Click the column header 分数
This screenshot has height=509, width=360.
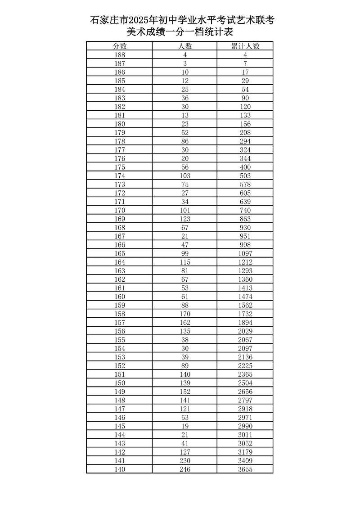coord(119,46)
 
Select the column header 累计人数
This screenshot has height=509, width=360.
coord(245,46)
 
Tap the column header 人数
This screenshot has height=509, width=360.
coord(184,46)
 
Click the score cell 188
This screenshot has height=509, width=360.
coord(119,55)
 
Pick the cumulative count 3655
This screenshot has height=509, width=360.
coord(245,469)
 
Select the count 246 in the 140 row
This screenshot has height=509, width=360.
coord(184,469)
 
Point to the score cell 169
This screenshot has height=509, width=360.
coord(119,219)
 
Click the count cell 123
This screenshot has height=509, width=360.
coord(184,219)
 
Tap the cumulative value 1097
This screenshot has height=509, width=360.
coord(245,253)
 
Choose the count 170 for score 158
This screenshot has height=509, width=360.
coord(184,314)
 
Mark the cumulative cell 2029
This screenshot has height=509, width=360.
coord(245,331)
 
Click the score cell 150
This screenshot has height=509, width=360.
coord(119,383)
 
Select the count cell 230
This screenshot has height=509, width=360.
coord(184,460)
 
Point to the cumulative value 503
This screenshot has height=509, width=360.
coord(245,176)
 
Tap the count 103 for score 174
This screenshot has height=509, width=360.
coord(184,176)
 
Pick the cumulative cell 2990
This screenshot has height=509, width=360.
coord(245,426)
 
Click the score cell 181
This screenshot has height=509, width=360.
coord(119,115)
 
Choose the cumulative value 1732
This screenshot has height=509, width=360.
coord(245,314)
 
